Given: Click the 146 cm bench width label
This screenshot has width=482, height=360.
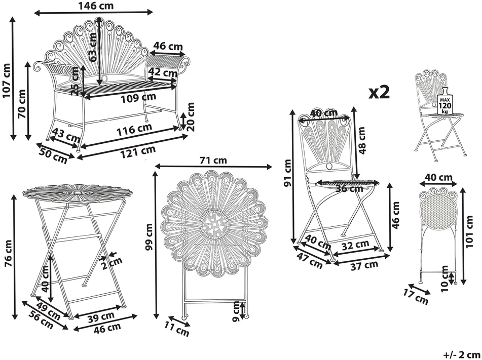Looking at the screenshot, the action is click(96, 6).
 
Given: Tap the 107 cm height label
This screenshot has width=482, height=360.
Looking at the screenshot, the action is click(6, 81).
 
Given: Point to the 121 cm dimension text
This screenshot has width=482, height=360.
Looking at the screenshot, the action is click(138, 152).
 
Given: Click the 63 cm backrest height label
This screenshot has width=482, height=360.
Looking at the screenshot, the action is click(93, 47).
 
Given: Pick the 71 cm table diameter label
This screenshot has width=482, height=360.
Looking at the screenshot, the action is click(213, 161).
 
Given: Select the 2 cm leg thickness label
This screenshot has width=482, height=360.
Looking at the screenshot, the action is click(112, 263).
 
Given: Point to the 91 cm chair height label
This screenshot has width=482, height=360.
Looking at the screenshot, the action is click(288, 173).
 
